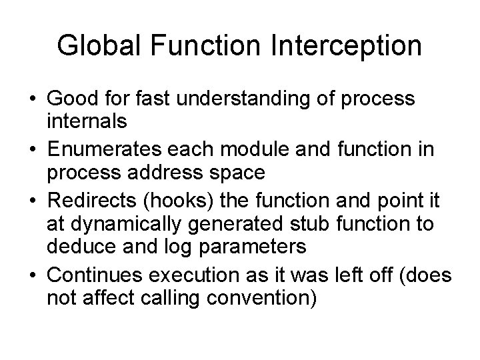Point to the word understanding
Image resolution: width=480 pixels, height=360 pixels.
(x=231, y=99)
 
